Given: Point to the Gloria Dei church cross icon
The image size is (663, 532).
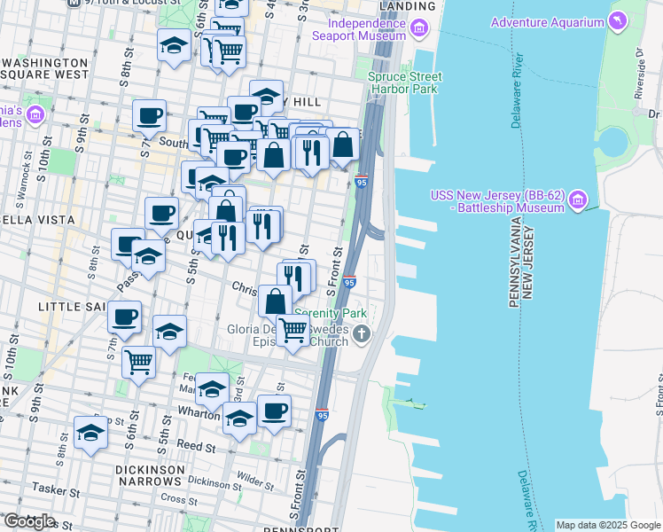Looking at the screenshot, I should [361, 334].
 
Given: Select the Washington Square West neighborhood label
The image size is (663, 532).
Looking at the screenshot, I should [44, 71].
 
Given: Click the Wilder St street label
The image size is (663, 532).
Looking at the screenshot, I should [254, 477].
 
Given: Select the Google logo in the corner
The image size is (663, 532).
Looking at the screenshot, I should [28, 521].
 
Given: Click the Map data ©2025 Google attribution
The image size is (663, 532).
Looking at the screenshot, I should [608, 525].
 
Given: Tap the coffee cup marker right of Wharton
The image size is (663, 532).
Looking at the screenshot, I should [274, 412].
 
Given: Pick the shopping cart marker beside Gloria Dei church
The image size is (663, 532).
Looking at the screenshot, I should [293, 331].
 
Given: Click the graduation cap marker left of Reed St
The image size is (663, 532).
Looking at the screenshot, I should [91, 434].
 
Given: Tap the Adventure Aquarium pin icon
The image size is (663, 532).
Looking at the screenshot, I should [617, 20].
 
